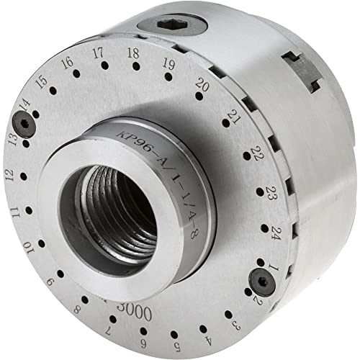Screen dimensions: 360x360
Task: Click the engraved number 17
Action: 99,53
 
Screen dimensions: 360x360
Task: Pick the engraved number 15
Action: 42,81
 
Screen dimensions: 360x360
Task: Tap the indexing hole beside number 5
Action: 175,318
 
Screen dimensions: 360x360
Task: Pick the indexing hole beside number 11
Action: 28,210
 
